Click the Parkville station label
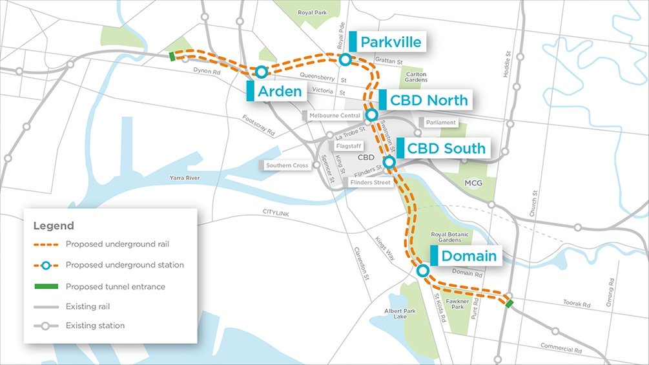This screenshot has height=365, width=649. (391, 43)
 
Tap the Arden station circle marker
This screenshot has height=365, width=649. (262, 72)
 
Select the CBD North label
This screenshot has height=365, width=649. (429, 100)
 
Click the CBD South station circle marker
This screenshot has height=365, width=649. (389, 162)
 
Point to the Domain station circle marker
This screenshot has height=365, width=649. (422, 271)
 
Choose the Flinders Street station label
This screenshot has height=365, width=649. (370, 183)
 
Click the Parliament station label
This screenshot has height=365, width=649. (441, 122)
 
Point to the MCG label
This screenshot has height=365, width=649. (473, 184)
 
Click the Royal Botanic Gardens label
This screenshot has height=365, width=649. (452, 236)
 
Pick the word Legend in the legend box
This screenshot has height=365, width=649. (54, 226)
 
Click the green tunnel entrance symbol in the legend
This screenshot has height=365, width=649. (46, 286)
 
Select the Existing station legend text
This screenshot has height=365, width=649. (95, 326)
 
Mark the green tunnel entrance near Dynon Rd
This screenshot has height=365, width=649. (172, 56)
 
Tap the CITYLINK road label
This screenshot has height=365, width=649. (278, 212)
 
